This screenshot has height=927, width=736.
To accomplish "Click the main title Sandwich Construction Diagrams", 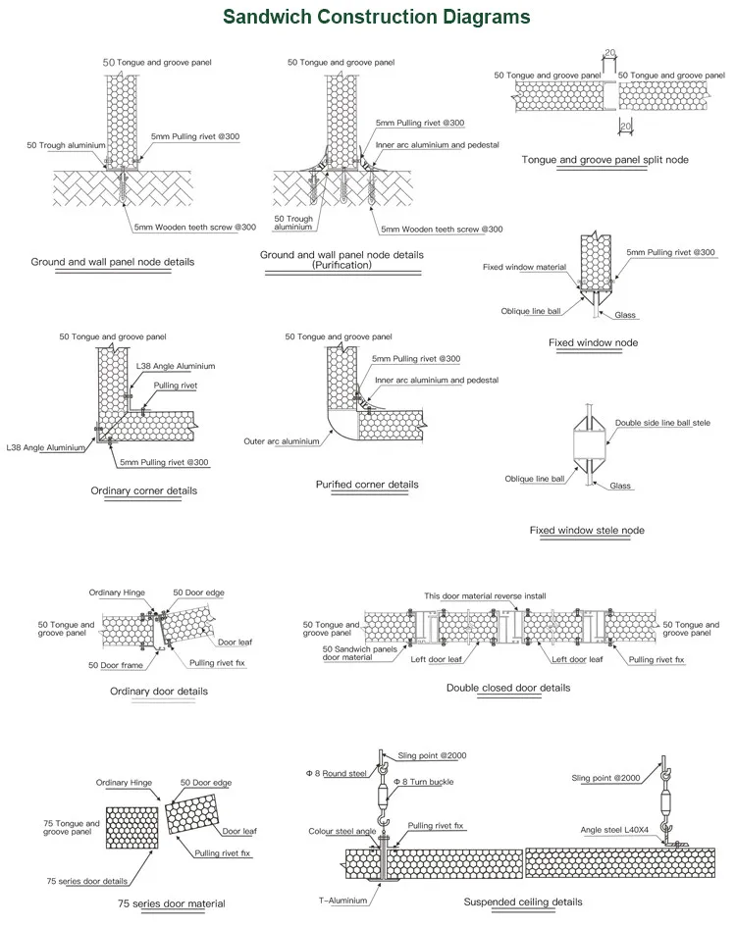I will tap(376, 17).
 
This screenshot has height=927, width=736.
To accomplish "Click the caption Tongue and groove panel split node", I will tap(605, 159).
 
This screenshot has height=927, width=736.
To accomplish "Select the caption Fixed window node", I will tap(593, 342).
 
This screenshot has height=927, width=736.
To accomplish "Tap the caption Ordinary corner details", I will tap(143, 490).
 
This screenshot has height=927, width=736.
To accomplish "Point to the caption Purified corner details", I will tap(367, 485).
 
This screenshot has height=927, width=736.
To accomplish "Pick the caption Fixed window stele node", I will tap(587, 531).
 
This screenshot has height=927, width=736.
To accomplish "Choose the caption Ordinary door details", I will tap(158, 692).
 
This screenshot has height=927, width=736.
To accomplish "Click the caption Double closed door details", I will tap(507, 688).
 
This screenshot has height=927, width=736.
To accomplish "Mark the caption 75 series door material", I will tap(171, 903).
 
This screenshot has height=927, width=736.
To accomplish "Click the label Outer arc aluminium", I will tap(282, 441).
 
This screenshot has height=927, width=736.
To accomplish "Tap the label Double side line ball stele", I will tap(662, 423).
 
